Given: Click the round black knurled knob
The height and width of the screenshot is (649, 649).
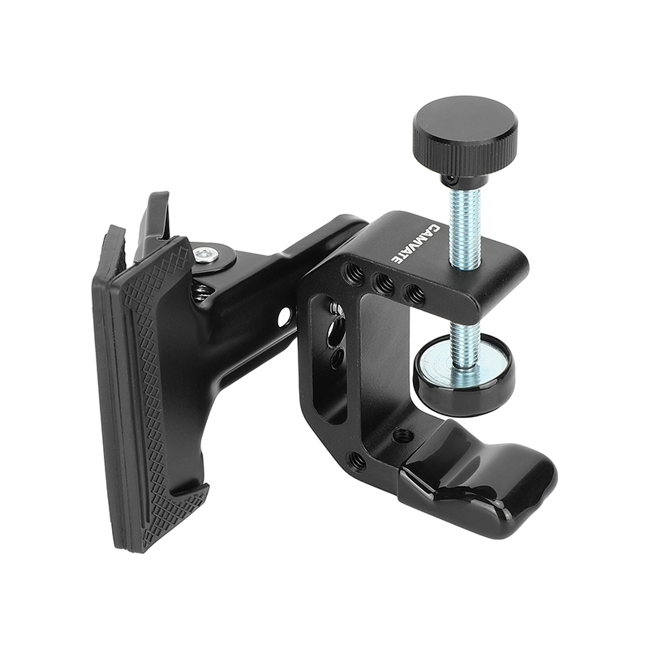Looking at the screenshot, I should (x=464, y=131).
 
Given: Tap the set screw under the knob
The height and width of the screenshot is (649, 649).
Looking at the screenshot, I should (x=449, y=177).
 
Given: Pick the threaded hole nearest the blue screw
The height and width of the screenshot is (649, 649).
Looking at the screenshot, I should (x=413, y=292).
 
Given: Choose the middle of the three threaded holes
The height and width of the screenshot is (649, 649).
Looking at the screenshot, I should (x=383, y=284).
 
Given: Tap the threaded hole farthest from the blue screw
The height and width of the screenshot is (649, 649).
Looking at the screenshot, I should (x=354, y=275).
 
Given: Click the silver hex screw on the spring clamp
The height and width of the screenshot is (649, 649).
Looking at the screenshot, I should (x=208, y=255).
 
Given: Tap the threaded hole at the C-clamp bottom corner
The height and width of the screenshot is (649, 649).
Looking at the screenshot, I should (x=357, y=462).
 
